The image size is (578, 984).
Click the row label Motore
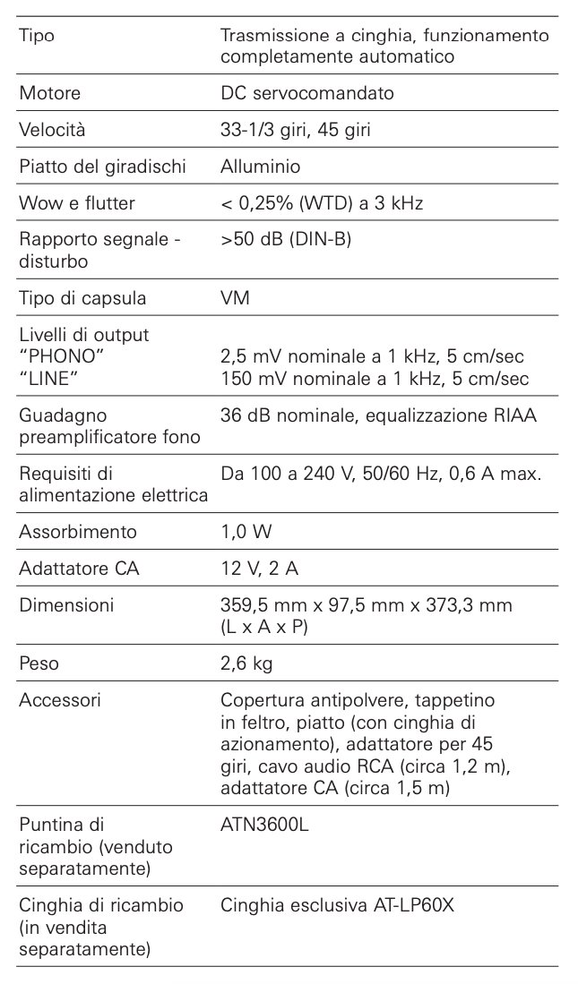click(49, 93)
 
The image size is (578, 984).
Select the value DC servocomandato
click(307, 93)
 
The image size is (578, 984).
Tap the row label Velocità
click(52, 130)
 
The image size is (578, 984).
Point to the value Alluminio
click(261, 167)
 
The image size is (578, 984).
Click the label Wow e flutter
click(77, 203)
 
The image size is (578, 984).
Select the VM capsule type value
click(235, 298)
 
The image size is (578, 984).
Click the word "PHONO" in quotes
click(58, 356)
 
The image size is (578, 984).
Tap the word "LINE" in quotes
click(49, 378)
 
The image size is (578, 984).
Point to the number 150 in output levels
click(237, 379)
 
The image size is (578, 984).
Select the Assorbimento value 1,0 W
click(246, 532)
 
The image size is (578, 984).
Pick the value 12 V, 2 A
click(260, 569)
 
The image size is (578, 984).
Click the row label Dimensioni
click(66, 605)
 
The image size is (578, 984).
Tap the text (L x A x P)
click(263, 627)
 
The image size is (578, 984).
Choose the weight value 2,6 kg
click(246, 663)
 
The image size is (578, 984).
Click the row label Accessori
click(60, 700)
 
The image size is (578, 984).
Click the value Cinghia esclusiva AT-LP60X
click(338, 905)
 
